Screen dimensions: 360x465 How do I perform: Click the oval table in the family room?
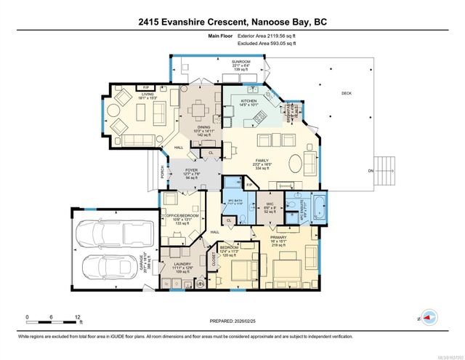point(298,161)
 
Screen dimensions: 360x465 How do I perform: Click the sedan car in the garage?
point(109,271)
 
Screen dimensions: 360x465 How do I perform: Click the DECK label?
point(347,94)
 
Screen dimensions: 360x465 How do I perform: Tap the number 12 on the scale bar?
point(77,318)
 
